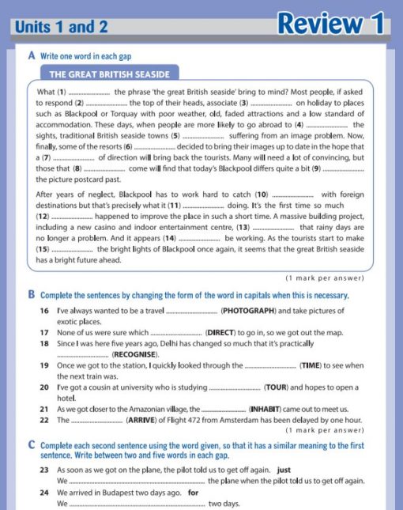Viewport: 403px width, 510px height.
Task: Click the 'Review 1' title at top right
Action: tap(332, 23)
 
